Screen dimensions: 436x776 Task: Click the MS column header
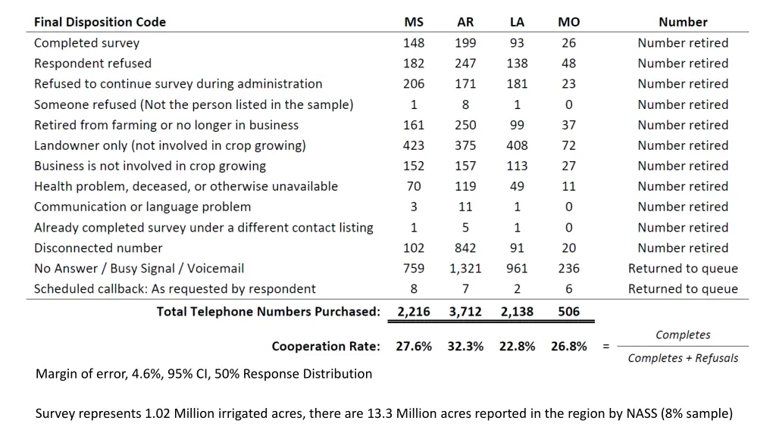click(414, 22)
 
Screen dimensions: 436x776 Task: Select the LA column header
click(517, 22)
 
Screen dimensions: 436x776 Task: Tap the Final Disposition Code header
click(100, 22)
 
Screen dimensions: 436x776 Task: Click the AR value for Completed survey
click(465, 43)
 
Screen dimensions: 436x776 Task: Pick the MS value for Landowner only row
click(414, 145)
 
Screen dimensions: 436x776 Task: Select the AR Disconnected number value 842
click(465, 248)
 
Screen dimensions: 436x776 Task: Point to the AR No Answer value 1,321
click(465, 268)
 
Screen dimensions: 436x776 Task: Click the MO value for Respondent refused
click(568, 64)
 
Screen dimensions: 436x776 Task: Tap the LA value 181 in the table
click(517, 84)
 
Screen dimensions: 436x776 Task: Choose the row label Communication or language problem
click(142, 207)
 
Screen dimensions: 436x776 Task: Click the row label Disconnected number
click(99, 248)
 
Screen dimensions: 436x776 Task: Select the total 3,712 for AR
click(465, 311)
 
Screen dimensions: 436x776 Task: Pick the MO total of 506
click(568, 311)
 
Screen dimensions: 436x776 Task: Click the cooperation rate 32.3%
click(465, 346)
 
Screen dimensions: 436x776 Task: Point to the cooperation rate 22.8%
click(517, 346)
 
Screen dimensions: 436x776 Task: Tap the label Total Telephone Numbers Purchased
click(268, 311)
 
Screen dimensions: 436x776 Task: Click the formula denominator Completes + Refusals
click(683, 358)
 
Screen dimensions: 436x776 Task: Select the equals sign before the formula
click(605, 347)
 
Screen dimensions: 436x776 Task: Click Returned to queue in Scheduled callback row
click(683, 288)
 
